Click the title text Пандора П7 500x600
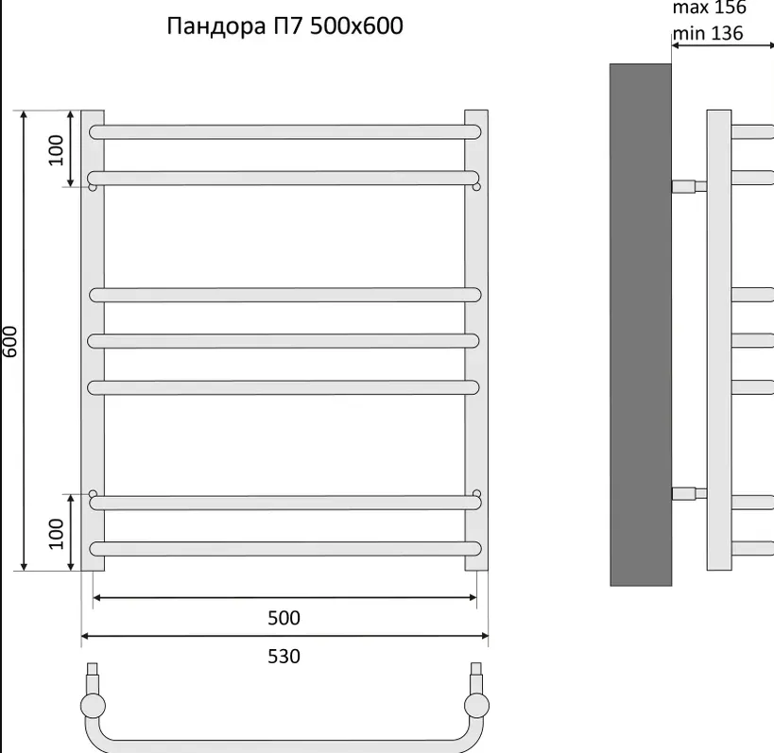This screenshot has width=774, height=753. click(x=284, y=26)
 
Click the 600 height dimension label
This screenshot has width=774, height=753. click(x=9, y=341)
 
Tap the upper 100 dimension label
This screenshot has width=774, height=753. click(x=56, y=150)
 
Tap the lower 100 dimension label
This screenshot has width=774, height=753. click(x=56, y=534)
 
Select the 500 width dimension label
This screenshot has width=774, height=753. click(x=284, y=618)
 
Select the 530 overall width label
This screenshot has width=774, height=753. click(x=284, y=657)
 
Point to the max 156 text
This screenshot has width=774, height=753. click(x=710, y=8)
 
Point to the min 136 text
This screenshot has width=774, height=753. click(x=707, y=33)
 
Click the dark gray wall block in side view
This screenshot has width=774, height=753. click(x=641, y=325)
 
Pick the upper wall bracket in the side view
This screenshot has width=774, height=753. click(x=689, y=186)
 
